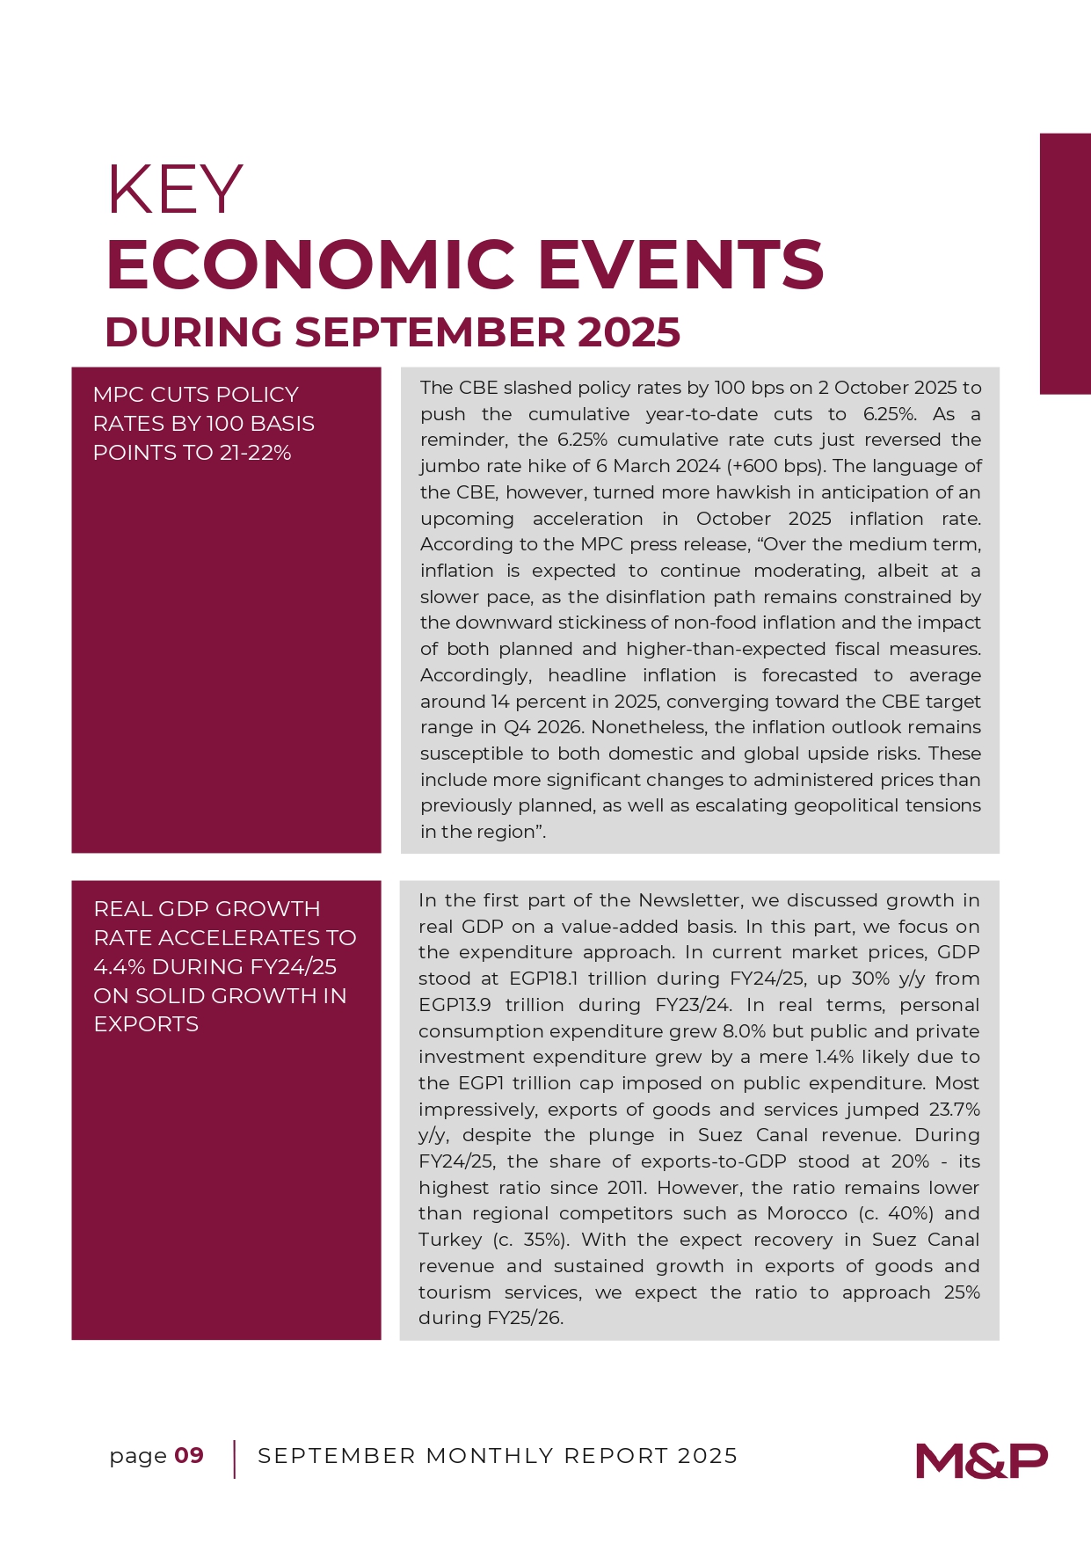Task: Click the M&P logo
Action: coord(981,1460)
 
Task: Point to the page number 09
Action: coord(189,1456)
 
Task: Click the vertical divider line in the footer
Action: coord(235,1459)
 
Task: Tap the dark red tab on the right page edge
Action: coord(1065,263)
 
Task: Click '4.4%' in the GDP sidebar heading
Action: coord(119,967)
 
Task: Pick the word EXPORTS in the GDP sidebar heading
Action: coord(146,1024)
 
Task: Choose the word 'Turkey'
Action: coord(450,1240)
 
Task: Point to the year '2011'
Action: coord(627,1188)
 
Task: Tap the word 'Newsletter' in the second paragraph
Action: coord(689,900)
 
